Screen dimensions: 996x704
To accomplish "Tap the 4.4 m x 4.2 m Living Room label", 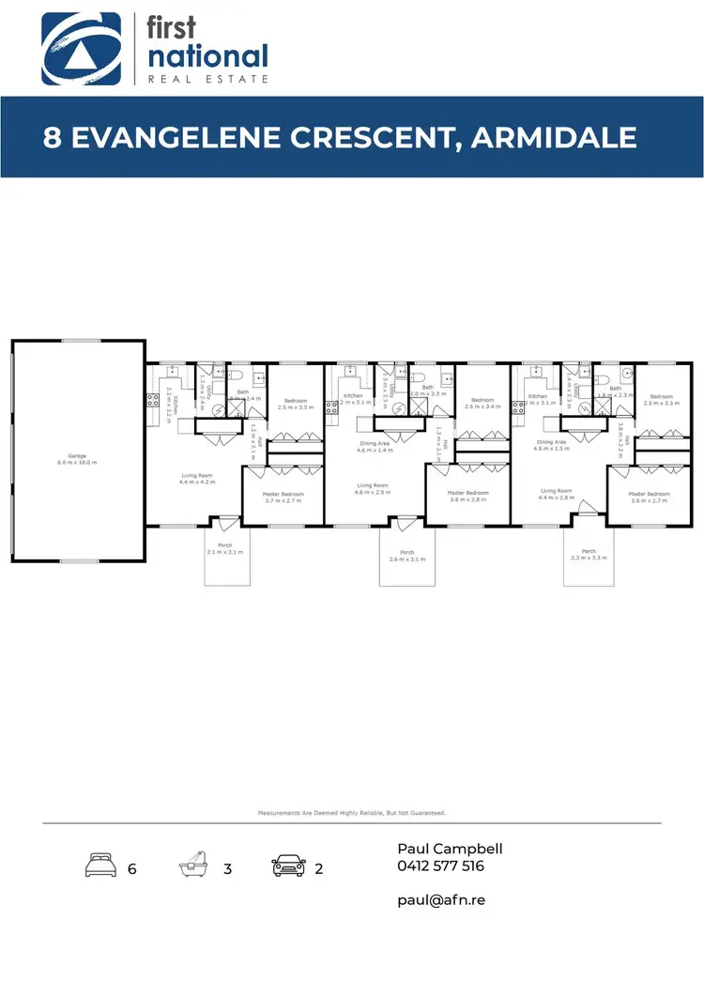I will [x=198, y=479].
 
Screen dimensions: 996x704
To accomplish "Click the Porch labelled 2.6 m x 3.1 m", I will [x=406, y=556].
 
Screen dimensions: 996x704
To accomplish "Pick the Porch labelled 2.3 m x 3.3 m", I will [x=589, y=555].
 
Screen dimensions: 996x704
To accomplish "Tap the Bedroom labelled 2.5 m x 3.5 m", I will [x=296, y=405].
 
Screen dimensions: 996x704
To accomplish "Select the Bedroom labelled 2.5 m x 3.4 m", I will [x=482, y=404].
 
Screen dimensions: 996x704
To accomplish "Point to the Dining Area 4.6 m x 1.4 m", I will [x=375, y=447].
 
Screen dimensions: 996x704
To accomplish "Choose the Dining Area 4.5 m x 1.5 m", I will [x=551, y=445].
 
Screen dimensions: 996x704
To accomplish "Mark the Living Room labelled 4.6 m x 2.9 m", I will [x=373, y=489].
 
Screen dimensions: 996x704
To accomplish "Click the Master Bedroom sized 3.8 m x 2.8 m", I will [x=467, y=497].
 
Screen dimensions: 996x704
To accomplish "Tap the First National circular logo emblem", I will [x=81, y=48].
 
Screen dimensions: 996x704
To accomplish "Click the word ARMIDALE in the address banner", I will [x=554, y=137].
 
